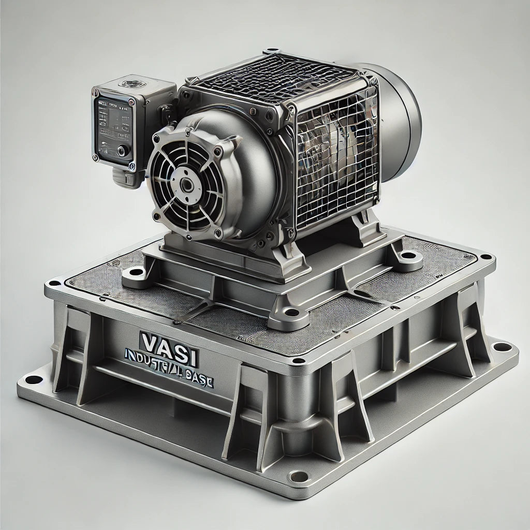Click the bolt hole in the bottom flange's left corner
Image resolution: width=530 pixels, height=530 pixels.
[x=33, y=380]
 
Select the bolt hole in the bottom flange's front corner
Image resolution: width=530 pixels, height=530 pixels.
[x=297, y=475]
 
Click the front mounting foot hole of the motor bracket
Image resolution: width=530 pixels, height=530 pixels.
[x=292, y=312]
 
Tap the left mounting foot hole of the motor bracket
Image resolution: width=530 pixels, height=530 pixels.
[x=134, y=272]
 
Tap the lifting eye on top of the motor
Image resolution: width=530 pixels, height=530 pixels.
[x=272, y=52]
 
